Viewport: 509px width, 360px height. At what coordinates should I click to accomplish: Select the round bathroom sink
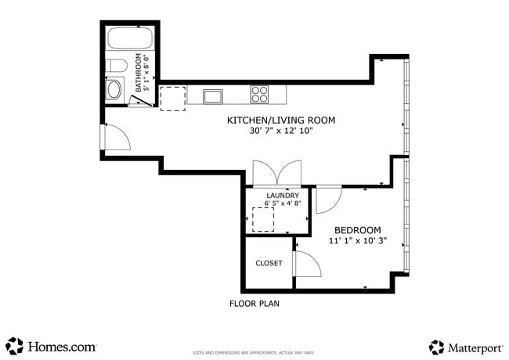coord(115,88)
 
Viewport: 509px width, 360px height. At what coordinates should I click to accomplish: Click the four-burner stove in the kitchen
coord(260,95)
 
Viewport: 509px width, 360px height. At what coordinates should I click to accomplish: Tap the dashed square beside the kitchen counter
coord(172,99)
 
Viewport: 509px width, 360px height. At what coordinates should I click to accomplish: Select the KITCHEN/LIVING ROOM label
coord(280,120)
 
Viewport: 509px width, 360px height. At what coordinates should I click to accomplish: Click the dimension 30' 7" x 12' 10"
coord(280,131)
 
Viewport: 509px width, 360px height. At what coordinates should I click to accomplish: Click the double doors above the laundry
coord(276,172)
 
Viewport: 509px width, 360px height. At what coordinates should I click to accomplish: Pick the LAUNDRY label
coord(283,196)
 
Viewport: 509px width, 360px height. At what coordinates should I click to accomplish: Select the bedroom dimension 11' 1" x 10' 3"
coord(357,242)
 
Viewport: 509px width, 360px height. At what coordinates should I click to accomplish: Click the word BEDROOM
coord(357,230)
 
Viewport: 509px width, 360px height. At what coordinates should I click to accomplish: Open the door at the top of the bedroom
coord(327,199)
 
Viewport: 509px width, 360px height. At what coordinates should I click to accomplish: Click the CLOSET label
coord(269,263)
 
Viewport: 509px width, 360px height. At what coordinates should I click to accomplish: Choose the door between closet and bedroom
coord(306,265)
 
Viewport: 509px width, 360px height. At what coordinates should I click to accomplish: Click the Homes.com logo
coord(51,346)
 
